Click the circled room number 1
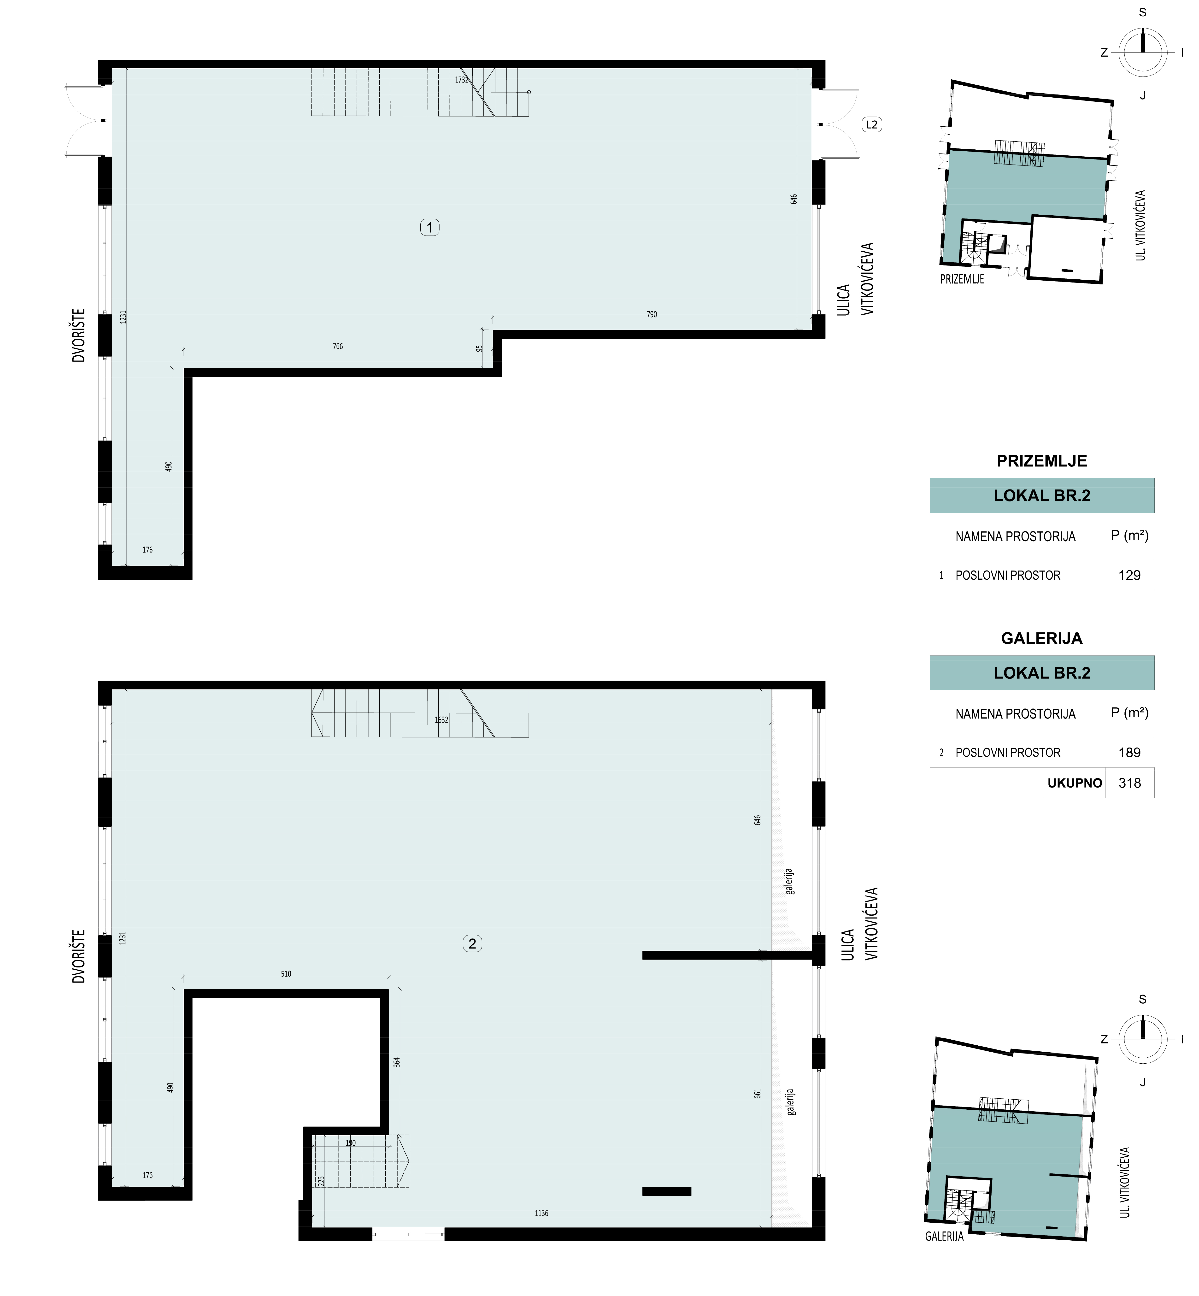click(429, 227)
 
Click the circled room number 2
click(472, 944)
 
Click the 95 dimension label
click(479, 348)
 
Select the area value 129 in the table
click(1129, 575)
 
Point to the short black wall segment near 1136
click(666, 1191)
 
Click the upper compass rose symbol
click(1143, 52)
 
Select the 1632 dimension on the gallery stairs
click(441, 720)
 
